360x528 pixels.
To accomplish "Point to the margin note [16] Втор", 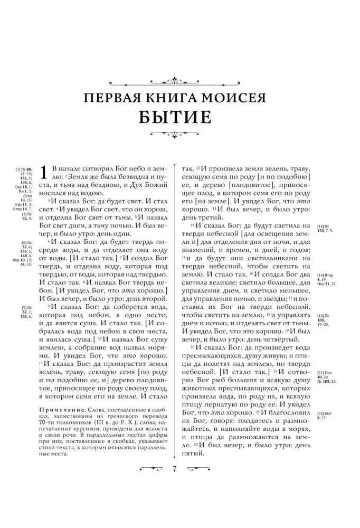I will (328, 276).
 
